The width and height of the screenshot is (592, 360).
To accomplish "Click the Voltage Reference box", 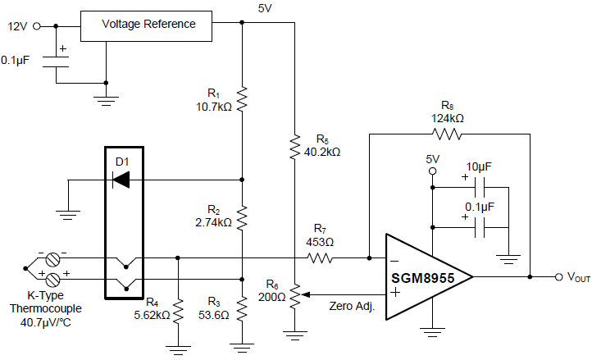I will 148,25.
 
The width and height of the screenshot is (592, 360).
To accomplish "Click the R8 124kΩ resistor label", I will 447,112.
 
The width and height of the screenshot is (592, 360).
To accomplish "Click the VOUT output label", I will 578,278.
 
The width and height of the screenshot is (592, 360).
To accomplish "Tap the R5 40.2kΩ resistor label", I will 321,145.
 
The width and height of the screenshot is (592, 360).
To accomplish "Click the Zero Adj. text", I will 353,305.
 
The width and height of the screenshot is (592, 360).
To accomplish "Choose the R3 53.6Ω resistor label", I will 214,308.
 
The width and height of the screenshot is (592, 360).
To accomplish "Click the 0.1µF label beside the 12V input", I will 18,60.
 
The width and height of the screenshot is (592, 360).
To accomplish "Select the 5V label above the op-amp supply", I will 434,158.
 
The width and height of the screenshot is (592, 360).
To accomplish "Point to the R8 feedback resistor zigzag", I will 448,134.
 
